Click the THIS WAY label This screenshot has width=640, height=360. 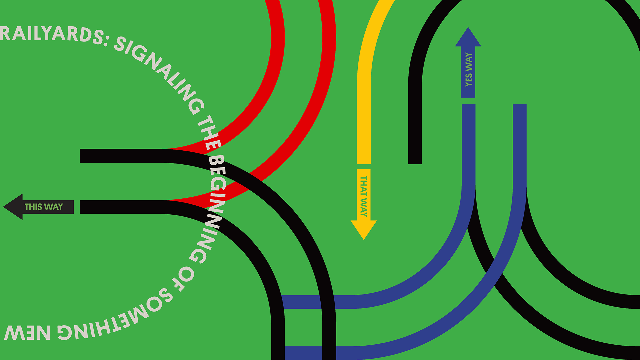44,207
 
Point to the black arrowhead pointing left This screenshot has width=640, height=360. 13,207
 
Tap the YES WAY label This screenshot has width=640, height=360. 469,70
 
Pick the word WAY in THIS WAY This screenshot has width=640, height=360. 53,207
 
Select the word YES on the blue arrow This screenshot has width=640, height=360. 469,79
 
